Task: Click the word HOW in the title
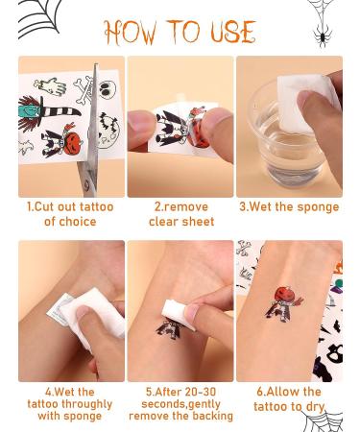click(x=132, y=33)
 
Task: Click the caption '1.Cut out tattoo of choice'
click(x=70, y=214)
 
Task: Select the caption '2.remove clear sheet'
click(x=180, y=214)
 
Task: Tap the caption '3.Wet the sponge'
click(x=289, y=207)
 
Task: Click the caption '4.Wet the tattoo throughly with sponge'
click(x=70, y=404)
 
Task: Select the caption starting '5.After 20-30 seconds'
click(x=180, y=404)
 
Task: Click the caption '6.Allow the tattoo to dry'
click(x=289, y=398)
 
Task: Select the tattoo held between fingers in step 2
click(x=178, y=129)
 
